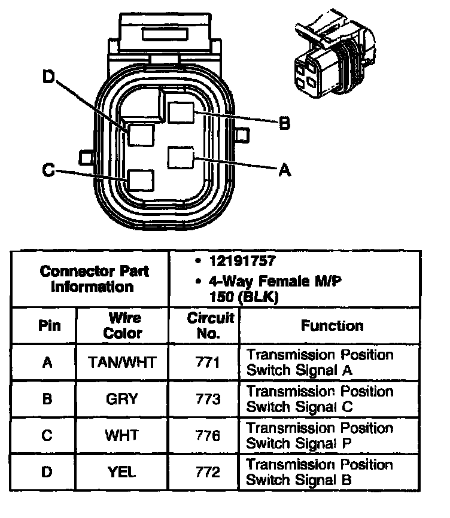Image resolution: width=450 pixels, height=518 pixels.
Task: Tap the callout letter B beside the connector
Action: (x=284, y=124)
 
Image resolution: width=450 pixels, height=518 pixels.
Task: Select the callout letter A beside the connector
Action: (x=285, y=170)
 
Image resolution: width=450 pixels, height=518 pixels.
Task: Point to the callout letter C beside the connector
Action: (x=48, y=170)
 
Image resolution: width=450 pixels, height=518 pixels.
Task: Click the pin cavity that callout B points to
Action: (x=180, y=112)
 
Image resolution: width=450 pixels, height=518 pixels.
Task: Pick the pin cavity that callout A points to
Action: (x=180, y=158)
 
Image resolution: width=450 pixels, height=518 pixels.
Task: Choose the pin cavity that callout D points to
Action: (x=142, y=134)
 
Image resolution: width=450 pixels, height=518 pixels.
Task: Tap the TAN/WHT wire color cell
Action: (x=123, y=362)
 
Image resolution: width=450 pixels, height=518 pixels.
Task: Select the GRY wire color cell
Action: (x=122, y=398)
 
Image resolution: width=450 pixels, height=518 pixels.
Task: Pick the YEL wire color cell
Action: (x=122, y=471)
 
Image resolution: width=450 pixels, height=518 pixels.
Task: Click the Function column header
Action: (x=332, y=326)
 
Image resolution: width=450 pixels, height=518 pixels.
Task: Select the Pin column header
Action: (x=47, y=327)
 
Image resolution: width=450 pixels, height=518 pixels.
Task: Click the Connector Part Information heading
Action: (x=95, y=279)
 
